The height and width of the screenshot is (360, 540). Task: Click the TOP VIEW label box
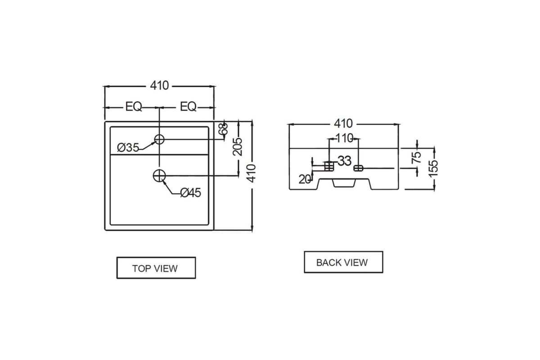tap(156, 268)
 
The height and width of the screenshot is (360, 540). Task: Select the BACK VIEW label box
tap(343, 262)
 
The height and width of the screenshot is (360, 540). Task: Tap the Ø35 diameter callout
tap(128, 147)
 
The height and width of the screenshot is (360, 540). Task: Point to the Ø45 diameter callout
tap(190, 193)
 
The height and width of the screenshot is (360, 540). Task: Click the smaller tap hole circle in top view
tap(159, 139)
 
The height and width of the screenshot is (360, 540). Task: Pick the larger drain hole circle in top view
tap(159, 175)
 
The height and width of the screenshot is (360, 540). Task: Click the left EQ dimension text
tap(134, 107)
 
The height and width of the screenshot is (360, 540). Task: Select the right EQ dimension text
tap(188, 107)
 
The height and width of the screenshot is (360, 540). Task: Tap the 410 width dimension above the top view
tap(159, 85)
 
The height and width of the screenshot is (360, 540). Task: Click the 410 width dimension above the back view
tap(343, 123)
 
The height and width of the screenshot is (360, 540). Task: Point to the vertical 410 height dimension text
tap(252, 173)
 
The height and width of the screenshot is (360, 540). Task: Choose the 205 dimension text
tap(238, 146)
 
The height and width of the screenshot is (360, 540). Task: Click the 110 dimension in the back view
tap(344, 138)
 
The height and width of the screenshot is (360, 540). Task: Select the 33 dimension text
tap(344, 161)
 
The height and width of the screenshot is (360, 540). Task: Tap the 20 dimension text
tap(305, 179)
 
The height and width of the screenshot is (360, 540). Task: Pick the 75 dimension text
tap(417, 157)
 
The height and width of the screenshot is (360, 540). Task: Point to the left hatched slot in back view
tap(329, 166)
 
